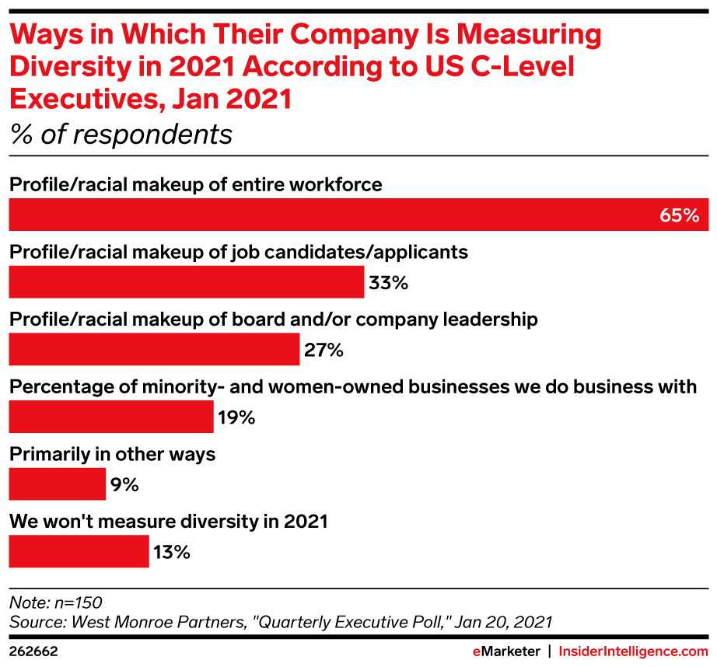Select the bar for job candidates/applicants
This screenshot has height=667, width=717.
coord(187,282)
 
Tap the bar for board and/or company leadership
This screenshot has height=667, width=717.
coord(154,350)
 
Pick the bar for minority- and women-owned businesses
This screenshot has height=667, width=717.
coord(111,417)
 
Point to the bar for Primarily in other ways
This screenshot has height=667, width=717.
coord(57,485)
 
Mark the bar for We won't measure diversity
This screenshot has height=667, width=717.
coord(79,553)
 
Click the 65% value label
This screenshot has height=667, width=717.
coord(680,215)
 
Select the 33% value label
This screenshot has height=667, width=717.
coord(388,283)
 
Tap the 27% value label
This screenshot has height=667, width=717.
coord(324,351)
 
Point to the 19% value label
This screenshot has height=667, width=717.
coord(236,418)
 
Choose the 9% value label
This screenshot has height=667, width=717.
coord(124,486)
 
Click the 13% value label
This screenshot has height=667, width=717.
coord(170,554)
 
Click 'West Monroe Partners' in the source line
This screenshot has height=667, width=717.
coord(132,621)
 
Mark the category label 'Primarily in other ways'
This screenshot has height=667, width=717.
coord(112,454)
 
